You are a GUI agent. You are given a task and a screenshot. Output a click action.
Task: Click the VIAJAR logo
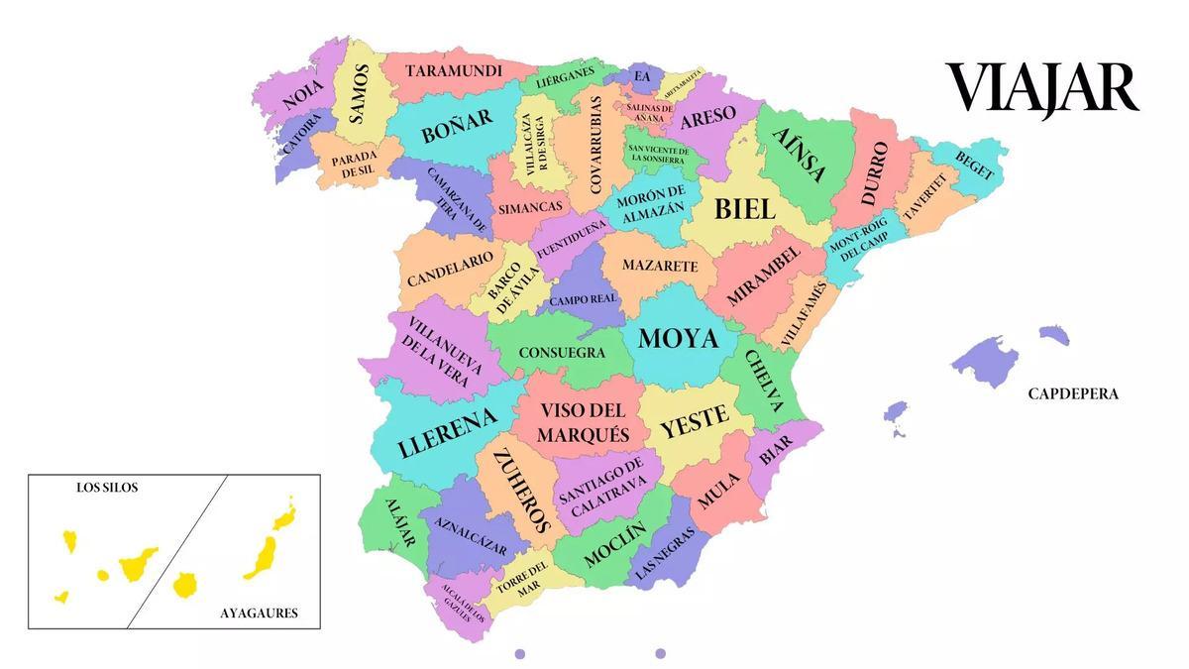[1041, 88]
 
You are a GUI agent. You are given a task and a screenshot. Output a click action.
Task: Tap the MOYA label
[678, 339]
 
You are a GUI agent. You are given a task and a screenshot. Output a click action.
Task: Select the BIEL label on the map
[744, 209]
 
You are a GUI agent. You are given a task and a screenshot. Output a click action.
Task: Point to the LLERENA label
[447, 433]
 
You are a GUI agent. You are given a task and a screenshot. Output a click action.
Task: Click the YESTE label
[694, 422]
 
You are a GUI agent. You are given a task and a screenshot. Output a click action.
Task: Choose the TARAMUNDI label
[455, 71]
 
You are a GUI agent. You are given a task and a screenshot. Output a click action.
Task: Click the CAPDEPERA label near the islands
[1073, 393]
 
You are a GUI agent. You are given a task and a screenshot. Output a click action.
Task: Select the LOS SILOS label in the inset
[107, 488]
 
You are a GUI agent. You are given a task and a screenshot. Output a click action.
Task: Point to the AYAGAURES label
[259, 613]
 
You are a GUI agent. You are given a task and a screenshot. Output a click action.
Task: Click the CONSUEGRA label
[562, 352]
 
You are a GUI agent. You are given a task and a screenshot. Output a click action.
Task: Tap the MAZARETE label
[660, 266]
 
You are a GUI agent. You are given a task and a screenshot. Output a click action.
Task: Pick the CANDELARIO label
[450, 269]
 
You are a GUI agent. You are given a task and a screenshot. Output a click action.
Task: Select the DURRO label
[874, 174]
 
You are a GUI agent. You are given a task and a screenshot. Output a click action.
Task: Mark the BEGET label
[974, 165]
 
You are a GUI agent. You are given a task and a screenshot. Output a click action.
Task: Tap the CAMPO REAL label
[583, 298]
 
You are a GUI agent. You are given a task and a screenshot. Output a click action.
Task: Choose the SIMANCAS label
[530, 208]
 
